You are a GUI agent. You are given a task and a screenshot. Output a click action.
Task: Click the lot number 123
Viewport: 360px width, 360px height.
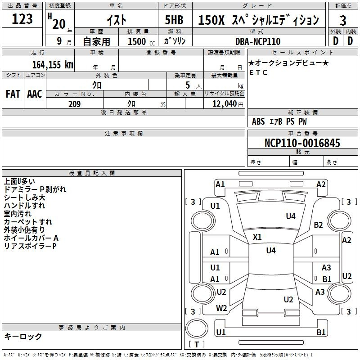22,19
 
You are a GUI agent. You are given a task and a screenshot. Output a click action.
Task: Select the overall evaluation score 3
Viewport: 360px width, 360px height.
343,21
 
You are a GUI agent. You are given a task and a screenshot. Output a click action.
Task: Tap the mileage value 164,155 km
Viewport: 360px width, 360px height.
53,65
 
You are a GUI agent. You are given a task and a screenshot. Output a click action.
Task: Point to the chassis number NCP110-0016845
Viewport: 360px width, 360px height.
302,143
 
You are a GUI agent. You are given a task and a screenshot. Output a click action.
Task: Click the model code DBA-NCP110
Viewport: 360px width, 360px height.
258,41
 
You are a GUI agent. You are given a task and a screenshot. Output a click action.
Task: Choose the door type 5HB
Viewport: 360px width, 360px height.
174,20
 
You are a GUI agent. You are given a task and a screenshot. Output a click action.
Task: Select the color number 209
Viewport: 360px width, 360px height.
74,104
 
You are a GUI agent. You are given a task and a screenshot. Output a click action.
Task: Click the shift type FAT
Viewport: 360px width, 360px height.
13,94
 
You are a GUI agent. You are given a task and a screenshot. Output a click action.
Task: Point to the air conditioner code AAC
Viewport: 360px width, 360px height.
35,94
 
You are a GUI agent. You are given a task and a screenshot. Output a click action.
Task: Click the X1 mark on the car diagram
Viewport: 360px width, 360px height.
257,237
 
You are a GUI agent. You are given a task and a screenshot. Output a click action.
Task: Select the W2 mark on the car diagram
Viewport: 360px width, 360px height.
221,308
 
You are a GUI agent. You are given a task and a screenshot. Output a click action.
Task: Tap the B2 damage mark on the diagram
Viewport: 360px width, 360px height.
318,225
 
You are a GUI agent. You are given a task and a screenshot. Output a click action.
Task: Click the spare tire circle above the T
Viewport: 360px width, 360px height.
197,328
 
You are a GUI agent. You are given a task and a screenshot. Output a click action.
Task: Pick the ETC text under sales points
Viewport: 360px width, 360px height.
258,72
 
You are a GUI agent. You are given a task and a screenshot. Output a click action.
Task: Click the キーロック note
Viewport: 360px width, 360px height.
23,336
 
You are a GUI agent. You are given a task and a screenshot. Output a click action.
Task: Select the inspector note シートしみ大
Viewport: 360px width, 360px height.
25,198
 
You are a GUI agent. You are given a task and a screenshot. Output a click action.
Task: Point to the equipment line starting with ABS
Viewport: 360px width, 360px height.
279,121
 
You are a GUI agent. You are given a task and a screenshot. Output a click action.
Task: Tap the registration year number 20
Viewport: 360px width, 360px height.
59,24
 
